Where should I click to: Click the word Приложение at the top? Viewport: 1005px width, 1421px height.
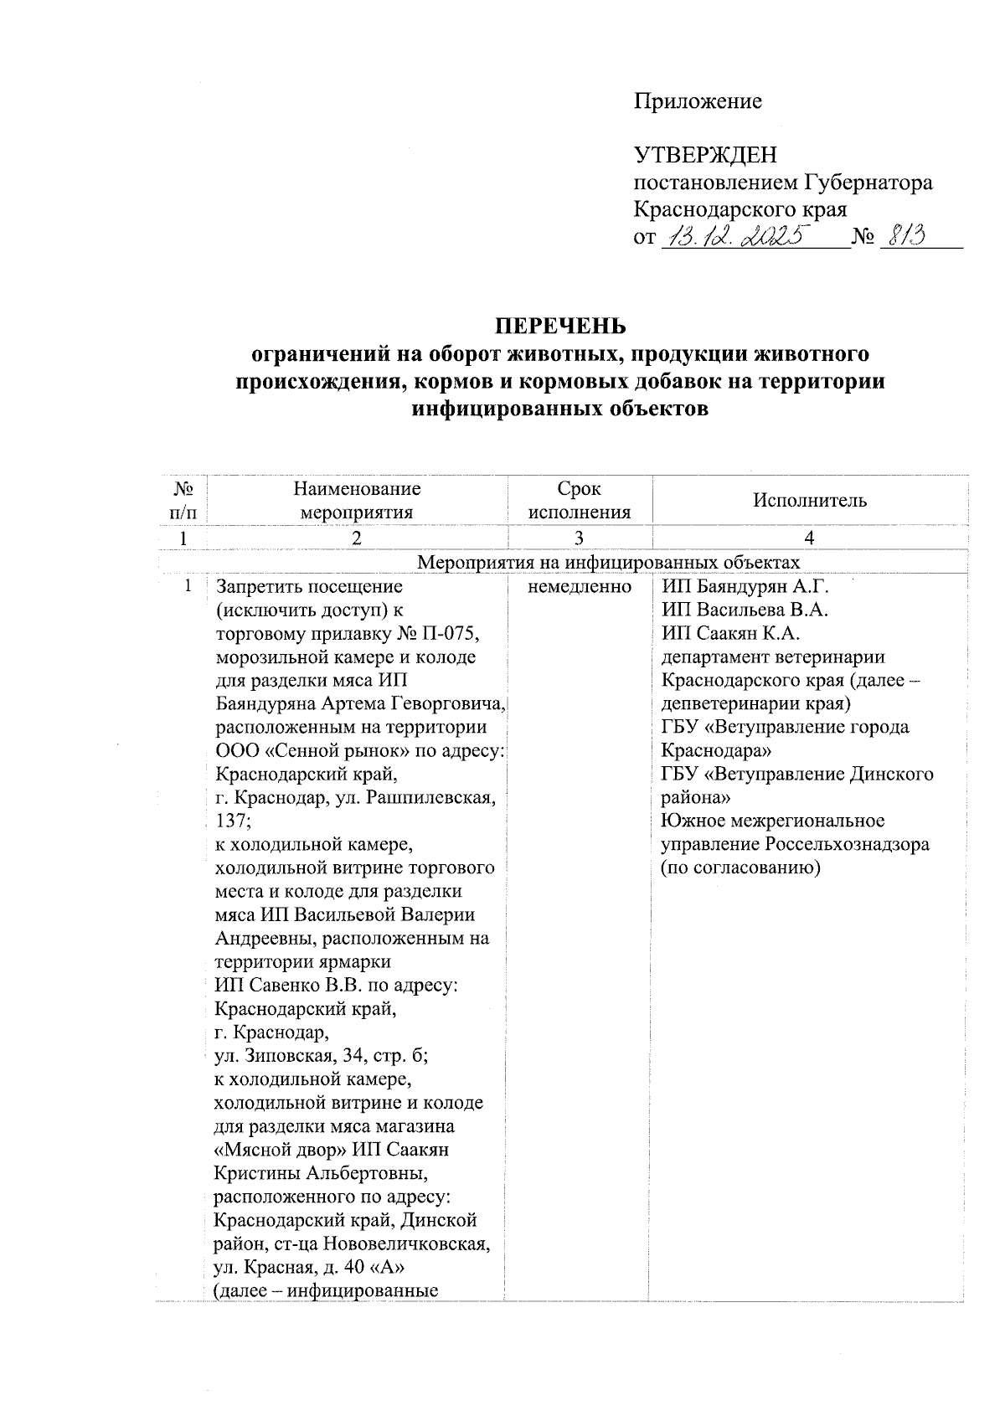point(698,102)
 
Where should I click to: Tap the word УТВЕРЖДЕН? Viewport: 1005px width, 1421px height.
point(705,156)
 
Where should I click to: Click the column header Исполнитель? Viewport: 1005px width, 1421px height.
point(809,501)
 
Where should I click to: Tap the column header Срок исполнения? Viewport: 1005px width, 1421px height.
point(580,501)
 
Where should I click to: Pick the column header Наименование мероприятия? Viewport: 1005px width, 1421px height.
point(357,501)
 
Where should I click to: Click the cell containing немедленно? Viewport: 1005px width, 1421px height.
point(580,587)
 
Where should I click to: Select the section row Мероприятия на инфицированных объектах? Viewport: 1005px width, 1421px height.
point(609,562)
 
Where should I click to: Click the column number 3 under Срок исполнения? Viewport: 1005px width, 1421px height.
point(579,538)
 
